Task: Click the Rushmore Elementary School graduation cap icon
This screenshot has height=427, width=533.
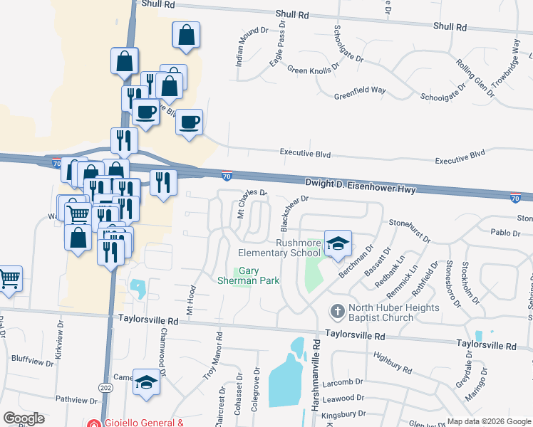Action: click(x=338, y=243)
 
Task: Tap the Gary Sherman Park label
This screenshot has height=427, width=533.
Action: click(x=248, y=275)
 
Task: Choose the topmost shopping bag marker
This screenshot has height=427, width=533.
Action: click(x=186, y=35)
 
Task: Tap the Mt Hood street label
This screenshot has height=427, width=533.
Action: click(x=191, y=300)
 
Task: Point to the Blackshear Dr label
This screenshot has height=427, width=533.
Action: click(x=292, y=213)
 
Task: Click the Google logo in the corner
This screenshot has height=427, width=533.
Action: click(x=24, y=418)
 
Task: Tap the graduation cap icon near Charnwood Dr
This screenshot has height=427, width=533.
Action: click(x=146, y=383)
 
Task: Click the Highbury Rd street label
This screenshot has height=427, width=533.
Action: click(x=390, y=362)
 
